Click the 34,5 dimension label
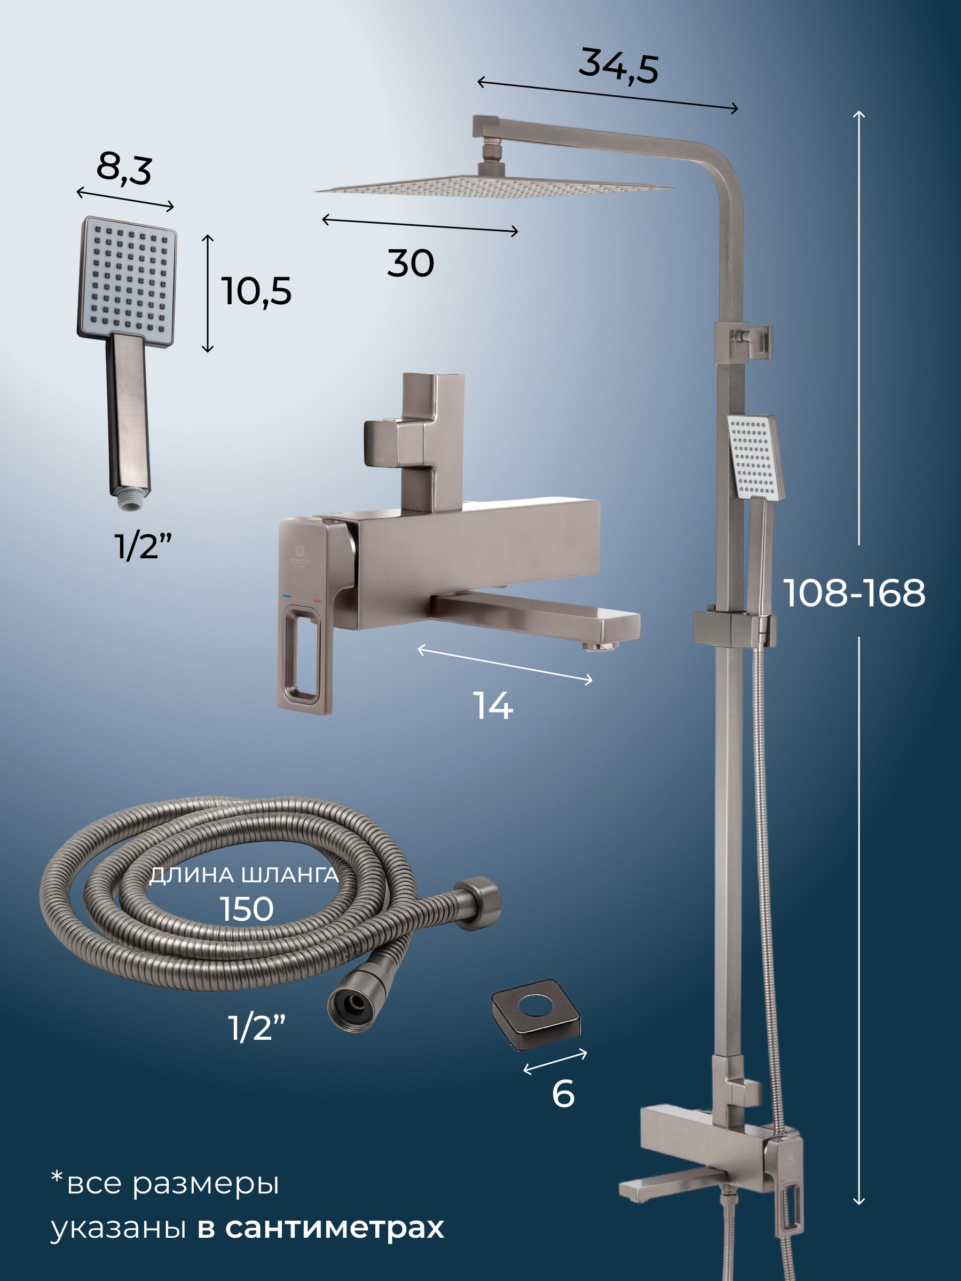[619, 66]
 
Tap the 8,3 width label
[124, 169]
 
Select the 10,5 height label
[257, 291]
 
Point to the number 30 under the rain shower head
[411, 264]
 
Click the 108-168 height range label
[854, 593]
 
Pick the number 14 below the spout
[493, 706]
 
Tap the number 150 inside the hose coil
[247, 908]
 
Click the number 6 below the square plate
[563, 1094]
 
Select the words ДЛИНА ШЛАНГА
[244, 874]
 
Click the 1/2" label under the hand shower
[143, 546]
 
